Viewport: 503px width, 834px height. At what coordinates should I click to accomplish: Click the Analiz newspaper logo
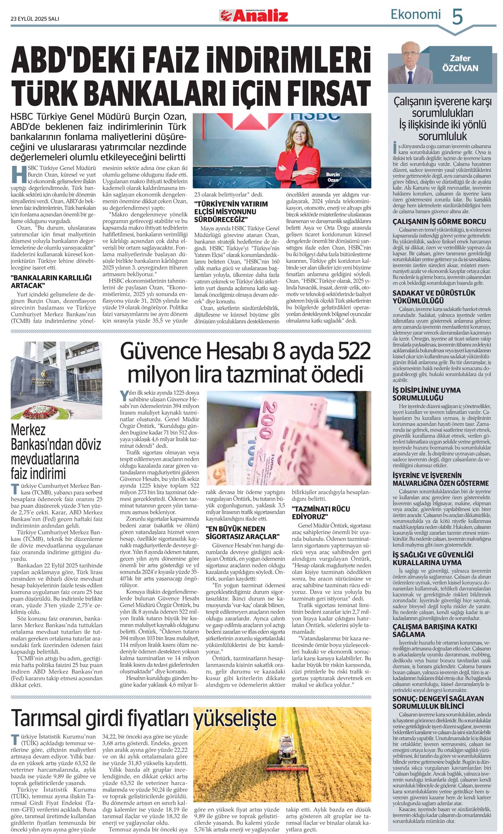[x=254, y=15]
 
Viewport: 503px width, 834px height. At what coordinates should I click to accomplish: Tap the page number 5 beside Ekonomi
[x=457, y=17]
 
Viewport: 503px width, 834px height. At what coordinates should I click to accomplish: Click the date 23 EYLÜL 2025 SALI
[x=35, y=19]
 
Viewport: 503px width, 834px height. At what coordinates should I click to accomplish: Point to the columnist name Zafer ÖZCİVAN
[x=460, y=63]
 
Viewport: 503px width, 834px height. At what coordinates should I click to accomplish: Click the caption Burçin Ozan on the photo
[x=333, y=177]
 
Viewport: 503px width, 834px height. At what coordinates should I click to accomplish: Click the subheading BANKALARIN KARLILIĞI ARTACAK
[x=51, y=282]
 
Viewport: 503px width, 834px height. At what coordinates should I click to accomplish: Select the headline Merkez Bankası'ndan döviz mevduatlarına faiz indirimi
[x=56, y=451]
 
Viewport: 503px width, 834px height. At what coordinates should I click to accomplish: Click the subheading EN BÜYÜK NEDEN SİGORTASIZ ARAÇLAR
[x=242, y=533]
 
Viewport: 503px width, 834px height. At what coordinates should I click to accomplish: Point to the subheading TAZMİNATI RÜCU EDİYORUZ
[x=321, y=512]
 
